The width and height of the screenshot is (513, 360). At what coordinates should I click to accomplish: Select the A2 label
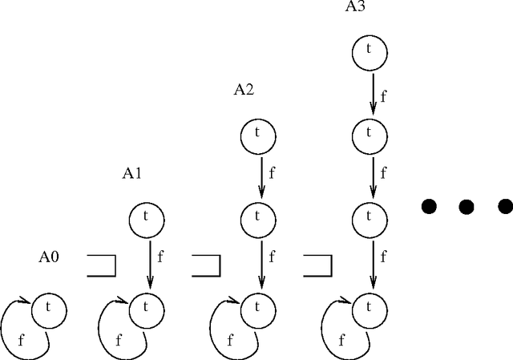[x=244, y=90]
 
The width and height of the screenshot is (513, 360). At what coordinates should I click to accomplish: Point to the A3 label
[x=356, y=7]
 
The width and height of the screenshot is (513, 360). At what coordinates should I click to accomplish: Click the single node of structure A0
[x=48, y=306]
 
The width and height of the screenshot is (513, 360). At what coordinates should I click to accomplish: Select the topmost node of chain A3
[x=370, y=50]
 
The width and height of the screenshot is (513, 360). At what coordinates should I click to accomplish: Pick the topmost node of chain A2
[x=258, y=134]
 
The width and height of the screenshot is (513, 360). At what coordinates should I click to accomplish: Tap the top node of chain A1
[x=147, y=218]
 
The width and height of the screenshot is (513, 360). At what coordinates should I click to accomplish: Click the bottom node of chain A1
[x=147, y=306]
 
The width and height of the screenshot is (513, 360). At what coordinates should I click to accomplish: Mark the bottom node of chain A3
[x=370, y=306]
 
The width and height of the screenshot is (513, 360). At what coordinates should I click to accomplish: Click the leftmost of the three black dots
[x=430, y=207]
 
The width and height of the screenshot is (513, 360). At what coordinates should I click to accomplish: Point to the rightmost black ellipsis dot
[x=505, y=207]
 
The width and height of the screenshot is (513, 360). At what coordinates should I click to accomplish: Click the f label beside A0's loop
[x=20, y=340]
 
